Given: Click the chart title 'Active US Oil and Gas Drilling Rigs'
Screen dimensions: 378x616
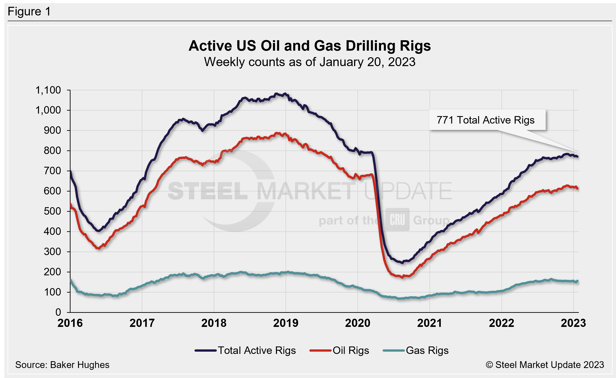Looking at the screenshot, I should tap(309, 46).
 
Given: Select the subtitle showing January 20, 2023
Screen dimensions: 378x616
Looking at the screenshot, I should tap(309, 62).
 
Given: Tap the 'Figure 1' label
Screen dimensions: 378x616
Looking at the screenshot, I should tap(29, 12).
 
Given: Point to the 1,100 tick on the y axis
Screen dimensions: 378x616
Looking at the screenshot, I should tap(48, 90).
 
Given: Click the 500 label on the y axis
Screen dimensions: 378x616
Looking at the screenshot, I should tap(52, 211).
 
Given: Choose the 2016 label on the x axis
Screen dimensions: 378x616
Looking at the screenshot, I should tap(70, 323).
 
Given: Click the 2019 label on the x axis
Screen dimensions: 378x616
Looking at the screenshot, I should tap(286, 323).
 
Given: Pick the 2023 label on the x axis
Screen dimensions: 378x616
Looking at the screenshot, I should tap(573, 323).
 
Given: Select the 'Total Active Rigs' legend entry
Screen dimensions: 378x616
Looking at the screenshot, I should tap(245, 351).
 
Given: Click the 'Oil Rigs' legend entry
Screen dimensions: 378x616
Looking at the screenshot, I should tap(339, 351).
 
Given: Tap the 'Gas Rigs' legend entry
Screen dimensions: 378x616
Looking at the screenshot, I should tap(416, 351).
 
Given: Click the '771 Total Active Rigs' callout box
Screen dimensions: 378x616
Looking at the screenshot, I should tap(487, 120).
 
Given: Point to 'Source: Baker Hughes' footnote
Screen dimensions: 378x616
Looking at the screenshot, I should tap(62, 365).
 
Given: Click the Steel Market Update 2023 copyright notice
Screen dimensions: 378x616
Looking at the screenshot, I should tap(545, 365).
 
